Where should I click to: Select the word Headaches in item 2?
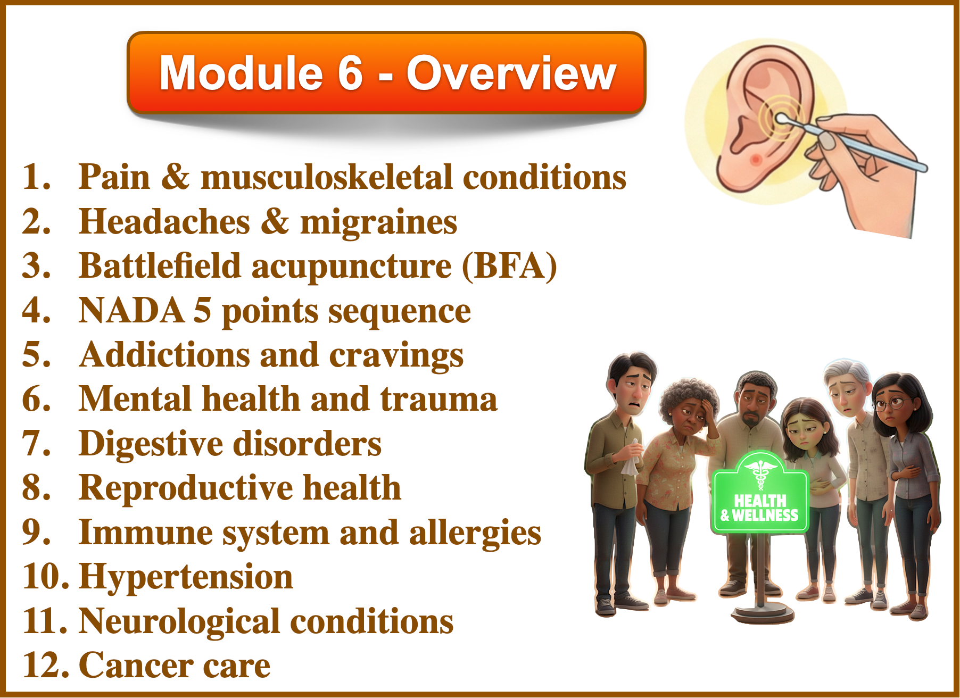[x=164, y=221]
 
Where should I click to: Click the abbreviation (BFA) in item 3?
[x=509, y=266]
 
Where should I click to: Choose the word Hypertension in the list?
[x=186, y=578]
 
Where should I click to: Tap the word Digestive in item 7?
[x=151, y=444]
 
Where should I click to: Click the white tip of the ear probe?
[x=782, y=119]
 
